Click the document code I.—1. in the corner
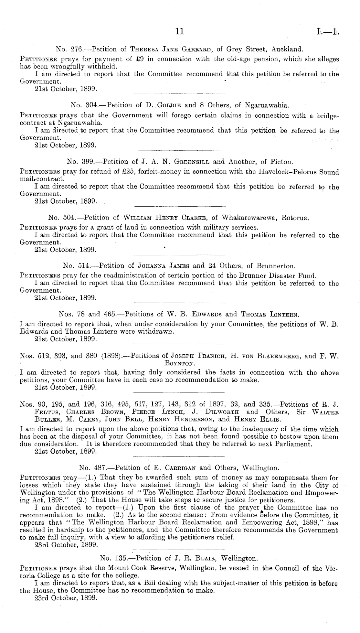(328, 32)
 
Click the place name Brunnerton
(275, 266)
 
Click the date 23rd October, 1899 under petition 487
(66, 544)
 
